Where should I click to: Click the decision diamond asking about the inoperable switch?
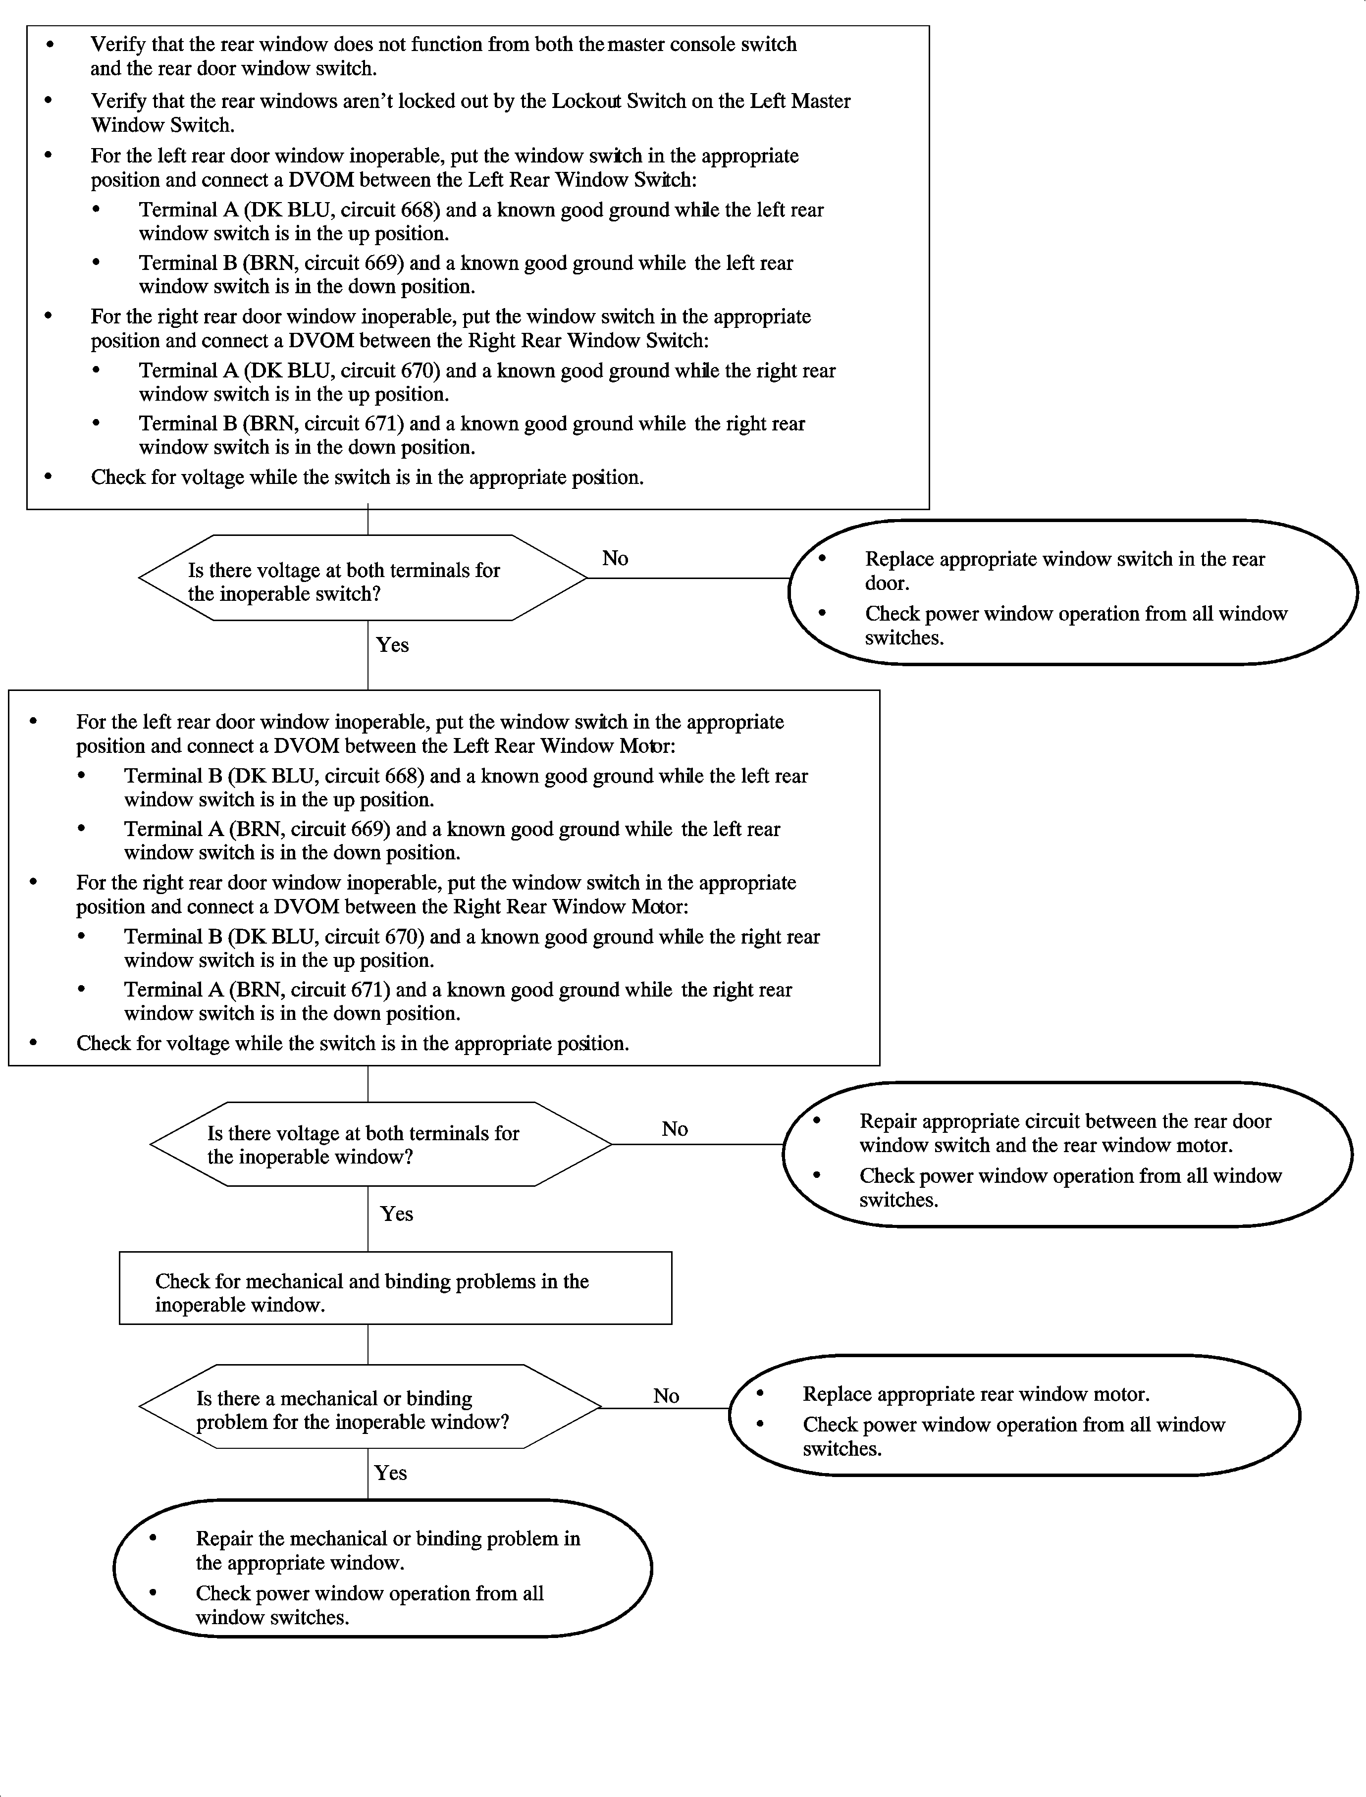pos(363,578)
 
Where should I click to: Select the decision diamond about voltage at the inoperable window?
pos(380,1144)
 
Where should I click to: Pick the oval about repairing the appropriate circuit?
pos(1067,1155)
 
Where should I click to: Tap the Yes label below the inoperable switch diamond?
pos(392,645)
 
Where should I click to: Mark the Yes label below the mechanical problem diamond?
pos(390,1473)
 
